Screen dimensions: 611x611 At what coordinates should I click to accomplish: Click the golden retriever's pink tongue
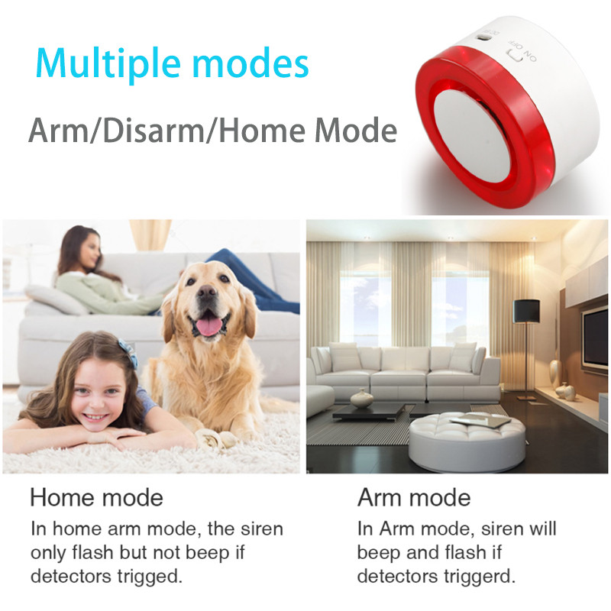click(x=209, y=326)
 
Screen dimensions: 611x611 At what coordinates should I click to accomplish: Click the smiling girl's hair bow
click(x=127, y=353)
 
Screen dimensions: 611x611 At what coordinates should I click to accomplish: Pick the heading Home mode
click(x=96, y=498)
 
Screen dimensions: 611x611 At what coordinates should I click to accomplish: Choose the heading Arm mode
click(x=414, y=498)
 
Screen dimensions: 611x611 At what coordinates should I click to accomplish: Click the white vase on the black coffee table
click(x=362, y=398)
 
